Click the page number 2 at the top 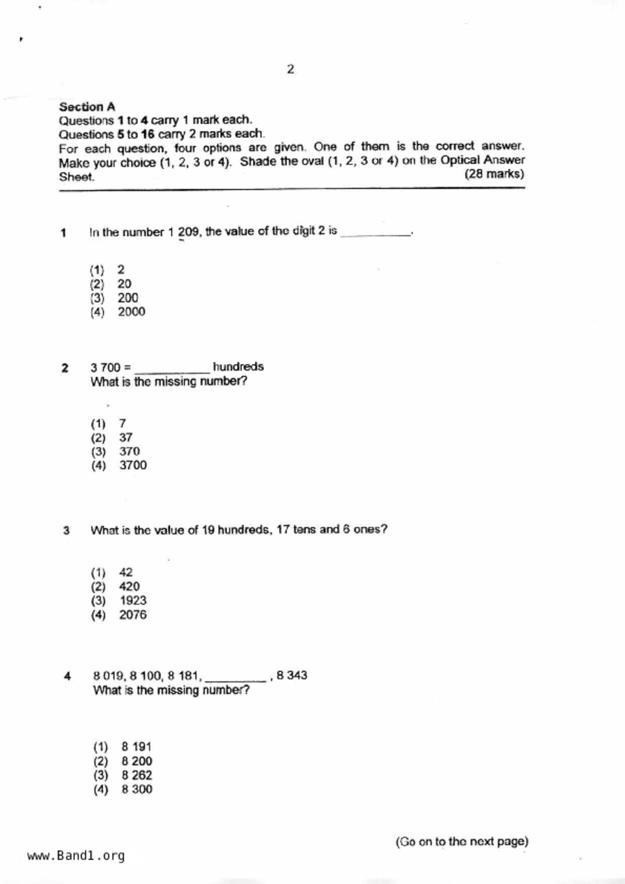pyautogui.click(x=291, y=70)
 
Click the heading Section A pyautogui.click(x=87, y=107)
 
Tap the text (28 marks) pyautogui.click(x=494, y=174)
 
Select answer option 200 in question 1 pyautogui.click(x=128, y=298)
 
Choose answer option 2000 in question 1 pyautogui.click(x=131, y=312)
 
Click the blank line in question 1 pyautogui.click(x=376, y=233)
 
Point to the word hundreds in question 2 pyautogui.click(x=238, y=367)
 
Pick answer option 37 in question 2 pyautogui.click(x=126, y=437)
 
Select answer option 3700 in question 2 pyautogui.click(x=133, y=465)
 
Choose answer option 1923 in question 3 pyautogui.click(x=133, y=601)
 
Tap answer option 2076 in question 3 pyautogui.click(x=133, y=615)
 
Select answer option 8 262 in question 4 pyautogui.click(x=136, y=775)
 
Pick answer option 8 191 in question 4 pyautogui.click(x=136, y=746)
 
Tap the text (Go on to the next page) pyautogui.click(x=462, y=842)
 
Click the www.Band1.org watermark pyautogui.click(x=76, y=856)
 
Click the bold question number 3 pyautogui.click(x=66, y=530)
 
